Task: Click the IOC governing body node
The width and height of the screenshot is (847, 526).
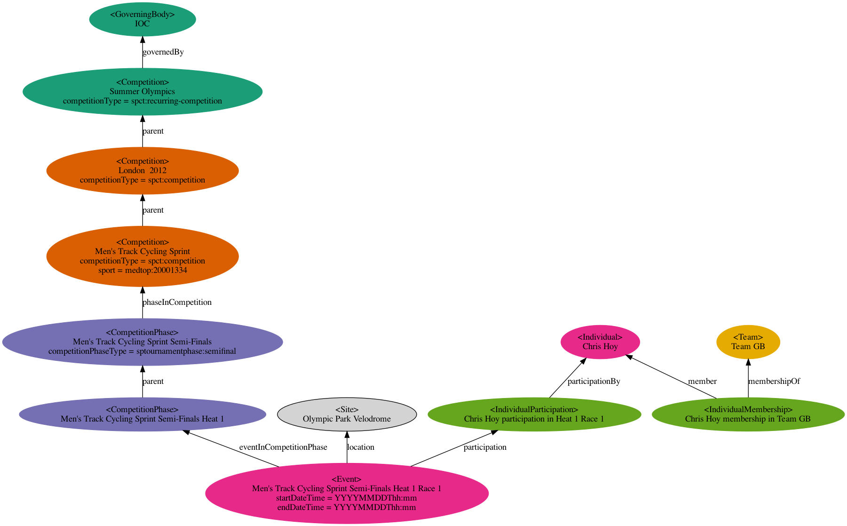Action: coord(142,19)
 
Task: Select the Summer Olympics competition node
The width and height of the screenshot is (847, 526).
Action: coord(142,91)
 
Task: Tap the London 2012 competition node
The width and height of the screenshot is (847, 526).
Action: coord(142,170)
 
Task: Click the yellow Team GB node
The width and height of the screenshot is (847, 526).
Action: coord(748,342)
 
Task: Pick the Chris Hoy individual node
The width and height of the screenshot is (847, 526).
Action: coord(600,342)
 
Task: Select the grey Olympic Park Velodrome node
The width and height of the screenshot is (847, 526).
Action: coord(347,414)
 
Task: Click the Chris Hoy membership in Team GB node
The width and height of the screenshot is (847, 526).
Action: coord(748,414)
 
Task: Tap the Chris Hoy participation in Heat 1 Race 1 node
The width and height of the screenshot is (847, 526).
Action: coord(534,414)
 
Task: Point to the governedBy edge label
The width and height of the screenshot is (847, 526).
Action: coord(163,52)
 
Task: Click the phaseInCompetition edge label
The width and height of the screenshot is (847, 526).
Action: coord(177,302)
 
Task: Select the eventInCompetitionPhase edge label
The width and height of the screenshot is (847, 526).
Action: coord(283,447)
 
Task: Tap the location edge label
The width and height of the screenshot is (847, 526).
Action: coord(360,447)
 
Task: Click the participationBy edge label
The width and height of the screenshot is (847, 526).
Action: coord(594,381)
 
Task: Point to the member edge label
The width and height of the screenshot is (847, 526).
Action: coord(702,381)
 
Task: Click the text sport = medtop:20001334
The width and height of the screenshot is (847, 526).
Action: coord(142,270)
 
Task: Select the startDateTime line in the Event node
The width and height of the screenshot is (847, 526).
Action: coord(347,498)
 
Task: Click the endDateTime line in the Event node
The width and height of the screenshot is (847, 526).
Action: coord(347,507)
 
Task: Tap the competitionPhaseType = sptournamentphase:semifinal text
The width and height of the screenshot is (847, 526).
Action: coord(142,351)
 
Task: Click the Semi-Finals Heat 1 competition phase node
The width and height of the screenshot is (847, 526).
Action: coord(142,414)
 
